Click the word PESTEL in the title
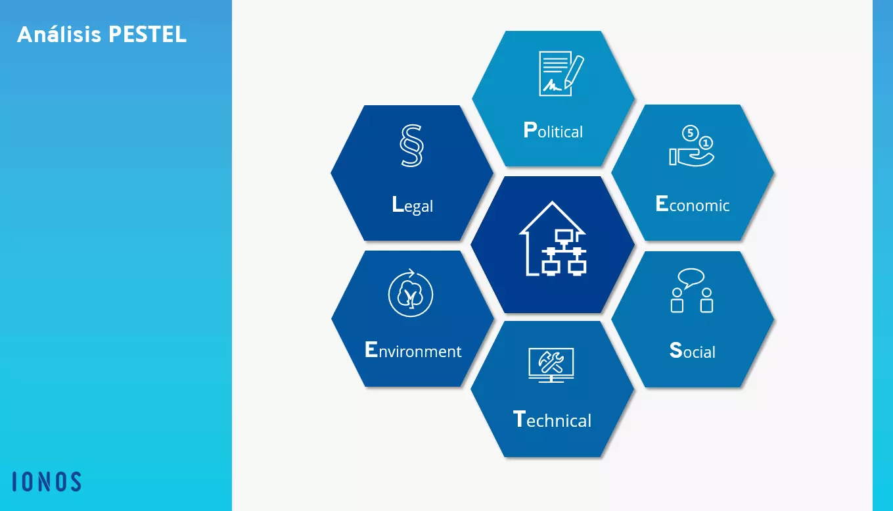click(147, 34)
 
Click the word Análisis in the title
click(59, 34)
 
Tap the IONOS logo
click(47, 481)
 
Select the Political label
click(553, 130)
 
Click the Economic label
click(693, 204)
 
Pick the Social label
click(692, 351)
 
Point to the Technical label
click(552, 419)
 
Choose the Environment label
click(413, 350)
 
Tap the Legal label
click(412, 205)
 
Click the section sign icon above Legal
click(411, 145)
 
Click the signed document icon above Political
click(561, 74)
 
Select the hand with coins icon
click(692, 145)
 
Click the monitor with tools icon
click(551, 365)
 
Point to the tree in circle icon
click(411, 293)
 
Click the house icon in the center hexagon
click(553, 239)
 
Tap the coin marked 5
click(690, 133)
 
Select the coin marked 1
click(706, 143)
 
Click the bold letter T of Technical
click(518, 419)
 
